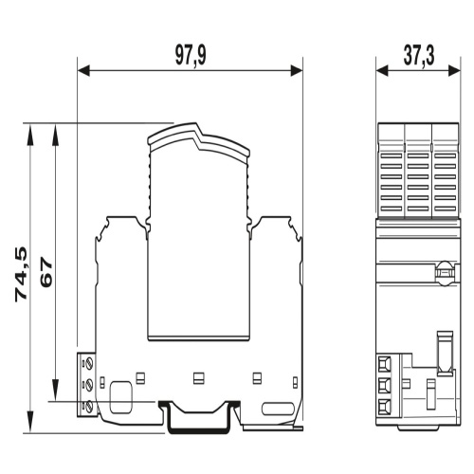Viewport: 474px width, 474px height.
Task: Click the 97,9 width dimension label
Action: [191, 56]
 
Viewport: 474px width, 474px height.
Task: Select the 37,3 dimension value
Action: [419, 56]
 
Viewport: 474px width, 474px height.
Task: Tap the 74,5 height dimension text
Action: [21, 274]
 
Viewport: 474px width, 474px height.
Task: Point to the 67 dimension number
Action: [46, 272]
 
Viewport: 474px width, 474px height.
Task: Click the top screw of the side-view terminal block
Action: [89, 362]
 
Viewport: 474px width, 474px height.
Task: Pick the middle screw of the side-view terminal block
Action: [89, 384]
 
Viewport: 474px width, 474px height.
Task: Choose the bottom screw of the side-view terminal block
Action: [89, 406]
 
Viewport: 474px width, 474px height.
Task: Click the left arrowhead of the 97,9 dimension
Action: [83, 71]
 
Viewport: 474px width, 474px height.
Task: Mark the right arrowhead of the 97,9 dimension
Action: [297, 71]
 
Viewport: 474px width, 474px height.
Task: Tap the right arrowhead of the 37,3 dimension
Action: [454, 71]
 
